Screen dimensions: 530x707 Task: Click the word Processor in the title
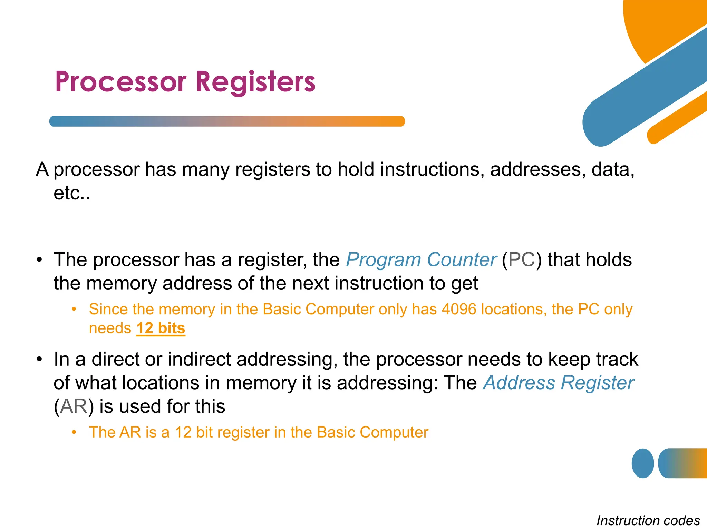click(120, 82)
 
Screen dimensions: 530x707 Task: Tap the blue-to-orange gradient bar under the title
click(227, 121)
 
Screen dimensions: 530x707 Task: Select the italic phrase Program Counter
click(421, 259)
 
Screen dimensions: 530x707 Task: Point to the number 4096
click(459, 309)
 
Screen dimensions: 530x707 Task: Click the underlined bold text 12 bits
click(161, 328)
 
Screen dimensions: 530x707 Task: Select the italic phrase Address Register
click(558, 383)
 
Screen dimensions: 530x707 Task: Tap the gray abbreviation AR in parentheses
click(74, 406)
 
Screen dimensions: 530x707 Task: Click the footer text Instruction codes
click(648, 520)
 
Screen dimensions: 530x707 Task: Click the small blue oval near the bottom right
click(642, 463)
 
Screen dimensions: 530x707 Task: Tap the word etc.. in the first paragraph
click(72, 193)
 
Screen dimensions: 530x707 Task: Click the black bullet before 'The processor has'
click(40, 259)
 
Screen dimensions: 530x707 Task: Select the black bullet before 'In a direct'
click(40, 359)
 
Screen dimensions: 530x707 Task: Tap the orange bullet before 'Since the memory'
click(74, 309)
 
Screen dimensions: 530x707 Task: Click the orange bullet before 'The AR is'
click(74, 432)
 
